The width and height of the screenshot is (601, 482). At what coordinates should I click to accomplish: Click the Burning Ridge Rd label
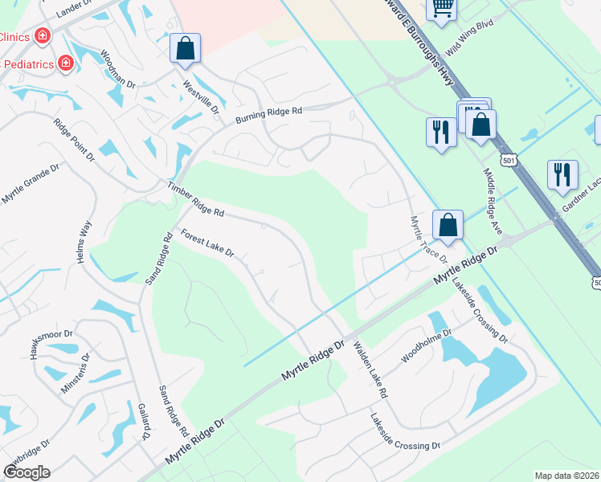coord(268,116)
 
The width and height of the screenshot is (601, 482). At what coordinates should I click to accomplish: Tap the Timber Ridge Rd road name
coord(194,199)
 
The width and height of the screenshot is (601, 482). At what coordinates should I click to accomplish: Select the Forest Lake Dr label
coord(207,243)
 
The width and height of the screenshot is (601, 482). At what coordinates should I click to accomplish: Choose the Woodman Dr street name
coord(118,69)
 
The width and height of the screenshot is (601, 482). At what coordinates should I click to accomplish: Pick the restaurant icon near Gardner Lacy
coord(562,174)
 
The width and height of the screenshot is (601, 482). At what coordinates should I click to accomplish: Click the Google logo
coord(27,472)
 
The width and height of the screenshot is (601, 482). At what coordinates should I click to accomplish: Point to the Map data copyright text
coord(567,476)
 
